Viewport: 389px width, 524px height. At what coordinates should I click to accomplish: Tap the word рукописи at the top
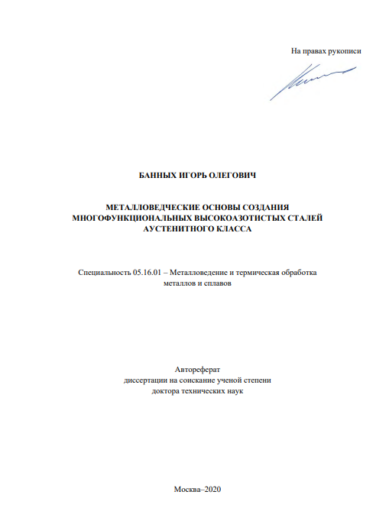[x=342, y=51]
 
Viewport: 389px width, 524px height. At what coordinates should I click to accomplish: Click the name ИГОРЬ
[x=197, y=176]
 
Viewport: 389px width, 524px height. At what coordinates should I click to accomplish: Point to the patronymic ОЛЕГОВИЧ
[x=238, y=176]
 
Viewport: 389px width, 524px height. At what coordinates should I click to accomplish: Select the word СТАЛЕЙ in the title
[x=303, y=218]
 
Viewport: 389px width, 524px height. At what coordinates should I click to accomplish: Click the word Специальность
[x=104, y=272]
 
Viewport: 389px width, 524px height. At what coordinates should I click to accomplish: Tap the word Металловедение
[x=201, y=272]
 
